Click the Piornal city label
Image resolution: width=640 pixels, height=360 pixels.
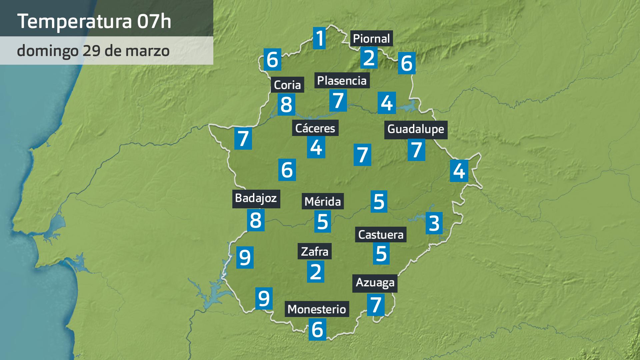tap(371, 39)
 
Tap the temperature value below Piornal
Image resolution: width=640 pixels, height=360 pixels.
tap(369, 58)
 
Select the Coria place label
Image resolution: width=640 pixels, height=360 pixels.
tap(287, 85)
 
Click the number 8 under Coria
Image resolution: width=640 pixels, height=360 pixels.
tap(286, 104)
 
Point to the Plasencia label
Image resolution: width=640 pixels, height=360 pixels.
tap(342, 80)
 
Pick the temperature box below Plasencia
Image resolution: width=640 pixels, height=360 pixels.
tap(338, 100)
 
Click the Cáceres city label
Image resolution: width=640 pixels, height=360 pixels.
tap(315, 128)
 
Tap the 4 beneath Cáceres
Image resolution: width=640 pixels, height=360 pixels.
tap(316, 147)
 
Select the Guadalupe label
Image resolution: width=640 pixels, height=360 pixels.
tap(416, 129)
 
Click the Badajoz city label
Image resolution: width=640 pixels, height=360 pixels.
tap(256, 198)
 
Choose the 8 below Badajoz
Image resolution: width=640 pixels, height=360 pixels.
tap(256, 220)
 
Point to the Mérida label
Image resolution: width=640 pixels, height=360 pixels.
tap(323, 202)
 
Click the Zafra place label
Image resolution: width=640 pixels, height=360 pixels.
tap(315, 251)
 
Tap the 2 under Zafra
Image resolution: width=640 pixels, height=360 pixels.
tap(315, 271)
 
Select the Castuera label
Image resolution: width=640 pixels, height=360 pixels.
tap(381, 235)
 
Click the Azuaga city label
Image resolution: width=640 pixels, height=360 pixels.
tap(375, 283)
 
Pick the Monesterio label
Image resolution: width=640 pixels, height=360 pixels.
tap(317, 309)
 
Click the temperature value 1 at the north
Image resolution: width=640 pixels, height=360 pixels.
tap(319, 38)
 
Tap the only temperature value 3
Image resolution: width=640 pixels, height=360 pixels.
tap(434, 223)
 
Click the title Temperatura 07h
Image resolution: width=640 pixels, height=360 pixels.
tap(94, 21)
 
